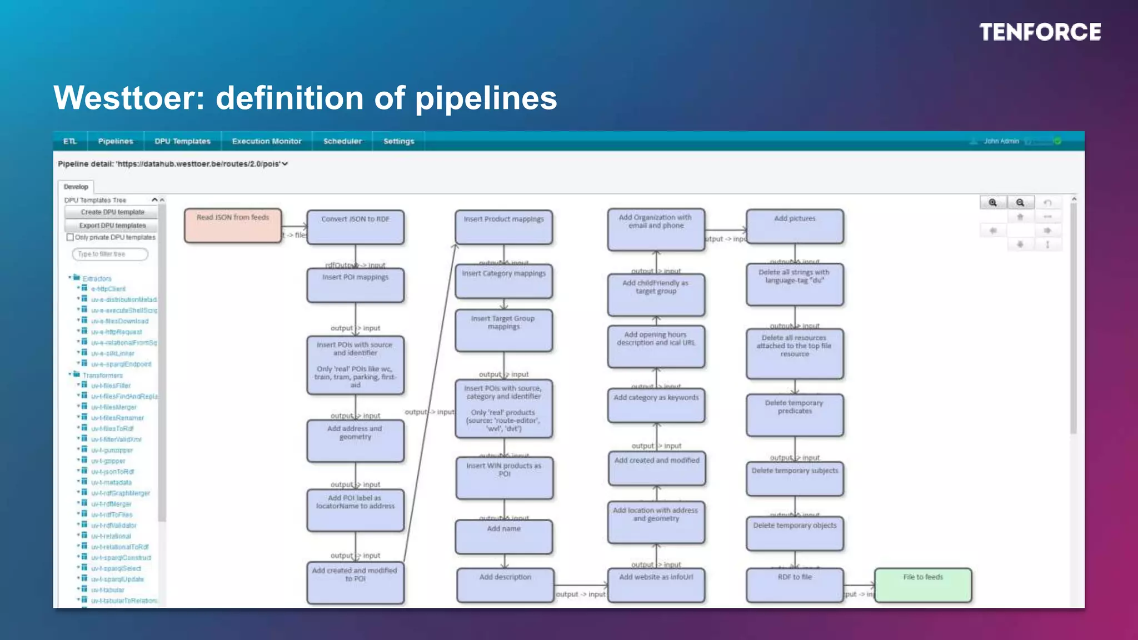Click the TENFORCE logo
1040,32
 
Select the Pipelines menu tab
116,141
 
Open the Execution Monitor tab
267,141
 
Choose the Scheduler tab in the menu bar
342,141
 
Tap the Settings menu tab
398,141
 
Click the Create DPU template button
112,212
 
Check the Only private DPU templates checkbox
70,237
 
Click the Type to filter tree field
110,254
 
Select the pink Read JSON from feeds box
233,226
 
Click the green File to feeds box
923,585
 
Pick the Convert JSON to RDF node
355,227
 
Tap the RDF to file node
795,585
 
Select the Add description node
505,585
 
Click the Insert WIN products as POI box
504,477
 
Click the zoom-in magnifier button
993,203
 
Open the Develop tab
76,187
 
